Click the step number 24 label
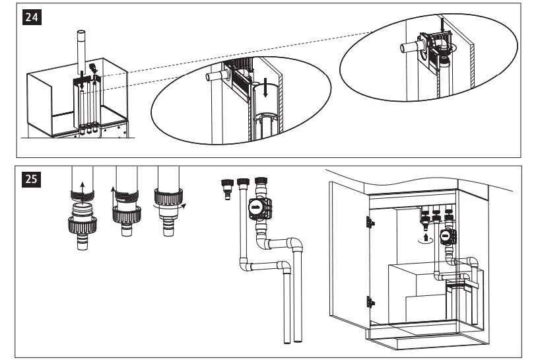(31, 18)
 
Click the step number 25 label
(31, 179)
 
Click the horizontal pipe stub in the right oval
(409, 48)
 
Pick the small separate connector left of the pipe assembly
(228, 188)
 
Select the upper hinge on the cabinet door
(370, 223)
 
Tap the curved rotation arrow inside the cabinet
(425, 242)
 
